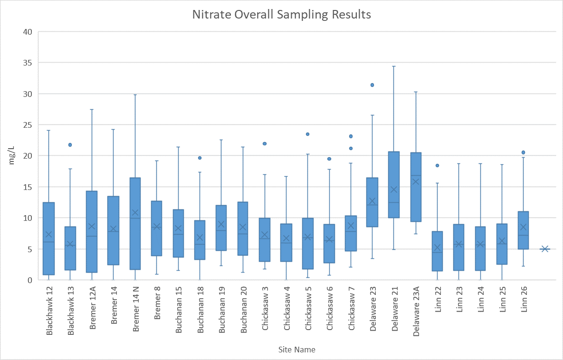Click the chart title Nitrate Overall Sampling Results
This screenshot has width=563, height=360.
(x=281, y=15)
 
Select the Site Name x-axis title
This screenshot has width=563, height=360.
(x=296, y=350)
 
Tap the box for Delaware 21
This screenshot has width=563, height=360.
(x=394, y=185)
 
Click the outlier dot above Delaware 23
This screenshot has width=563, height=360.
(x=372, y=85)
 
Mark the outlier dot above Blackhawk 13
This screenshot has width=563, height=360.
(x=70, y=145)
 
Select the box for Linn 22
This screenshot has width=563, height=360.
(x=437, y=251)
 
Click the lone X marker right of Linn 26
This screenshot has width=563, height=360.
(x=545, y=249)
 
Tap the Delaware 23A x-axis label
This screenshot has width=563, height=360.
(x=416, y=312)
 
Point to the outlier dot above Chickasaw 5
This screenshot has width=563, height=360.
(x=307, y=134)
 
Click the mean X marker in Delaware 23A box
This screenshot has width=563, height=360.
(x=416, y=181)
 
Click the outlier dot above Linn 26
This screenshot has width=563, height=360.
(x=523, y=152)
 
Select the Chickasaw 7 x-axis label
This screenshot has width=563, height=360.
(x=352, y=309)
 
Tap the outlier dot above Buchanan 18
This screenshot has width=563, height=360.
(x=200, y=158)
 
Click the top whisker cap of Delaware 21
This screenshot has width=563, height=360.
(x=394, y=66)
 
